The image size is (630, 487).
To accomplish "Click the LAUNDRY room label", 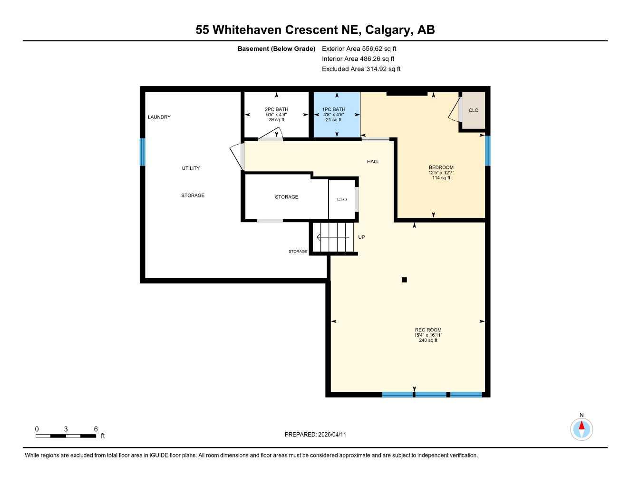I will (x=159, y=117).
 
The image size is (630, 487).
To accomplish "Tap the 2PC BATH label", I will (x=276, y=109).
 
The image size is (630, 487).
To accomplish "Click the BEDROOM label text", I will (x=441, y=167).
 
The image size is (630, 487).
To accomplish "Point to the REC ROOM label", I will (x=428, y=330).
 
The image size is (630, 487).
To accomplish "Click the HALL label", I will (x=373, y=162).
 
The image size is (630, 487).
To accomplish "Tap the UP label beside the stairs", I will (x=361, y=237).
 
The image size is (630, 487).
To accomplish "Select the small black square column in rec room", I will (x=404, y=280).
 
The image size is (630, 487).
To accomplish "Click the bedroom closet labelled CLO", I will (x=473, y=110).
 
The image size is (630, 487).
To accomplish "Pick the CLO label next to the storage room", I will (x=342, y=200).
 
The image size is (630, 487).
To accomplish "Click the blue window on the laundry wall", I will (x=142, y=152).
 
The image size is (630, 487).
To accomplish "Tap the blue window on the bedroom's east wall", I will (x=487, y=151).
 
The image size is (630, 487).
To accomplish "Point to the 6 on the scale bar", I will (x=96, y=429).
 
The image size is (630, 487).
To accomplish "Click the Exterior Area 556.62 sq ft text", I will (x=359, y=49).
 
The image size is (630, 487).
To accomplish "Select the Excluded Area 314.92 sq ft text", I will (x=361, y=69).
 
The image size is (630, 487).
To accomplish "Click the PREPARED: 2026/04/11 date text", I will (x=315, y=434).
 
